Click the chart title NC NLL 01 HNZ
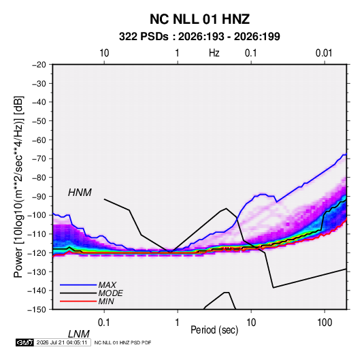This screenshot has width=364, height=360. (x=199, y=19)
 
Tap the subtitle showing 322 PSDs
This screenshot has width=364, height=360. (x=199, y=37)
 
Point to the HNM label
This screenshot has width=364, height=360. (x=80, y=193)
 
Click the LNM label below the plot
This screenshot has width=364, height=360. (x=79, y=334)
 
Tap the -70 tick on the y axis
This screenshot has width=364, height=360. (x=39, y=159)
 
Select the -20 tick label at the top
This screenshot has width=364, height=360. (x=39, y=65)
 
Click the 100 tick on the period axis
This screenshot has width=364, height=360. (x=325, y=323)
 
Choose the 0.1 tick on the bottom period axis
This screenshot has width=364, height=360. (x=103, y=323)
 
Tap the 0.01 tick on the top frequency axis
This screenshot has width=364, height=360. (x=324, y=53)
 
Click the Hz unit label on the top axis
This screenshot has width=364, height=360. (x=214, y=53)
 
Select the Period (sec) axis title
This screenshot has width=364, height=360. (x=214, y=330)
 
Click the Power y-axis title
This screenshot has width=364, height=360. (x=18, y=187)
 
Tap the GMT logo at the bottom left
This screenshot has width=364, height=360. (x=25, y=342)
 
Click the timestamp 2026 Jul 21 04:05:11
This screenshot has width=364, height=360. (x=62, y=342)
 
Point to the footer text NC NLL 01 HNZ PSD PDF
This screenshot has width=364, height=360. (x=122, y=342)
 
